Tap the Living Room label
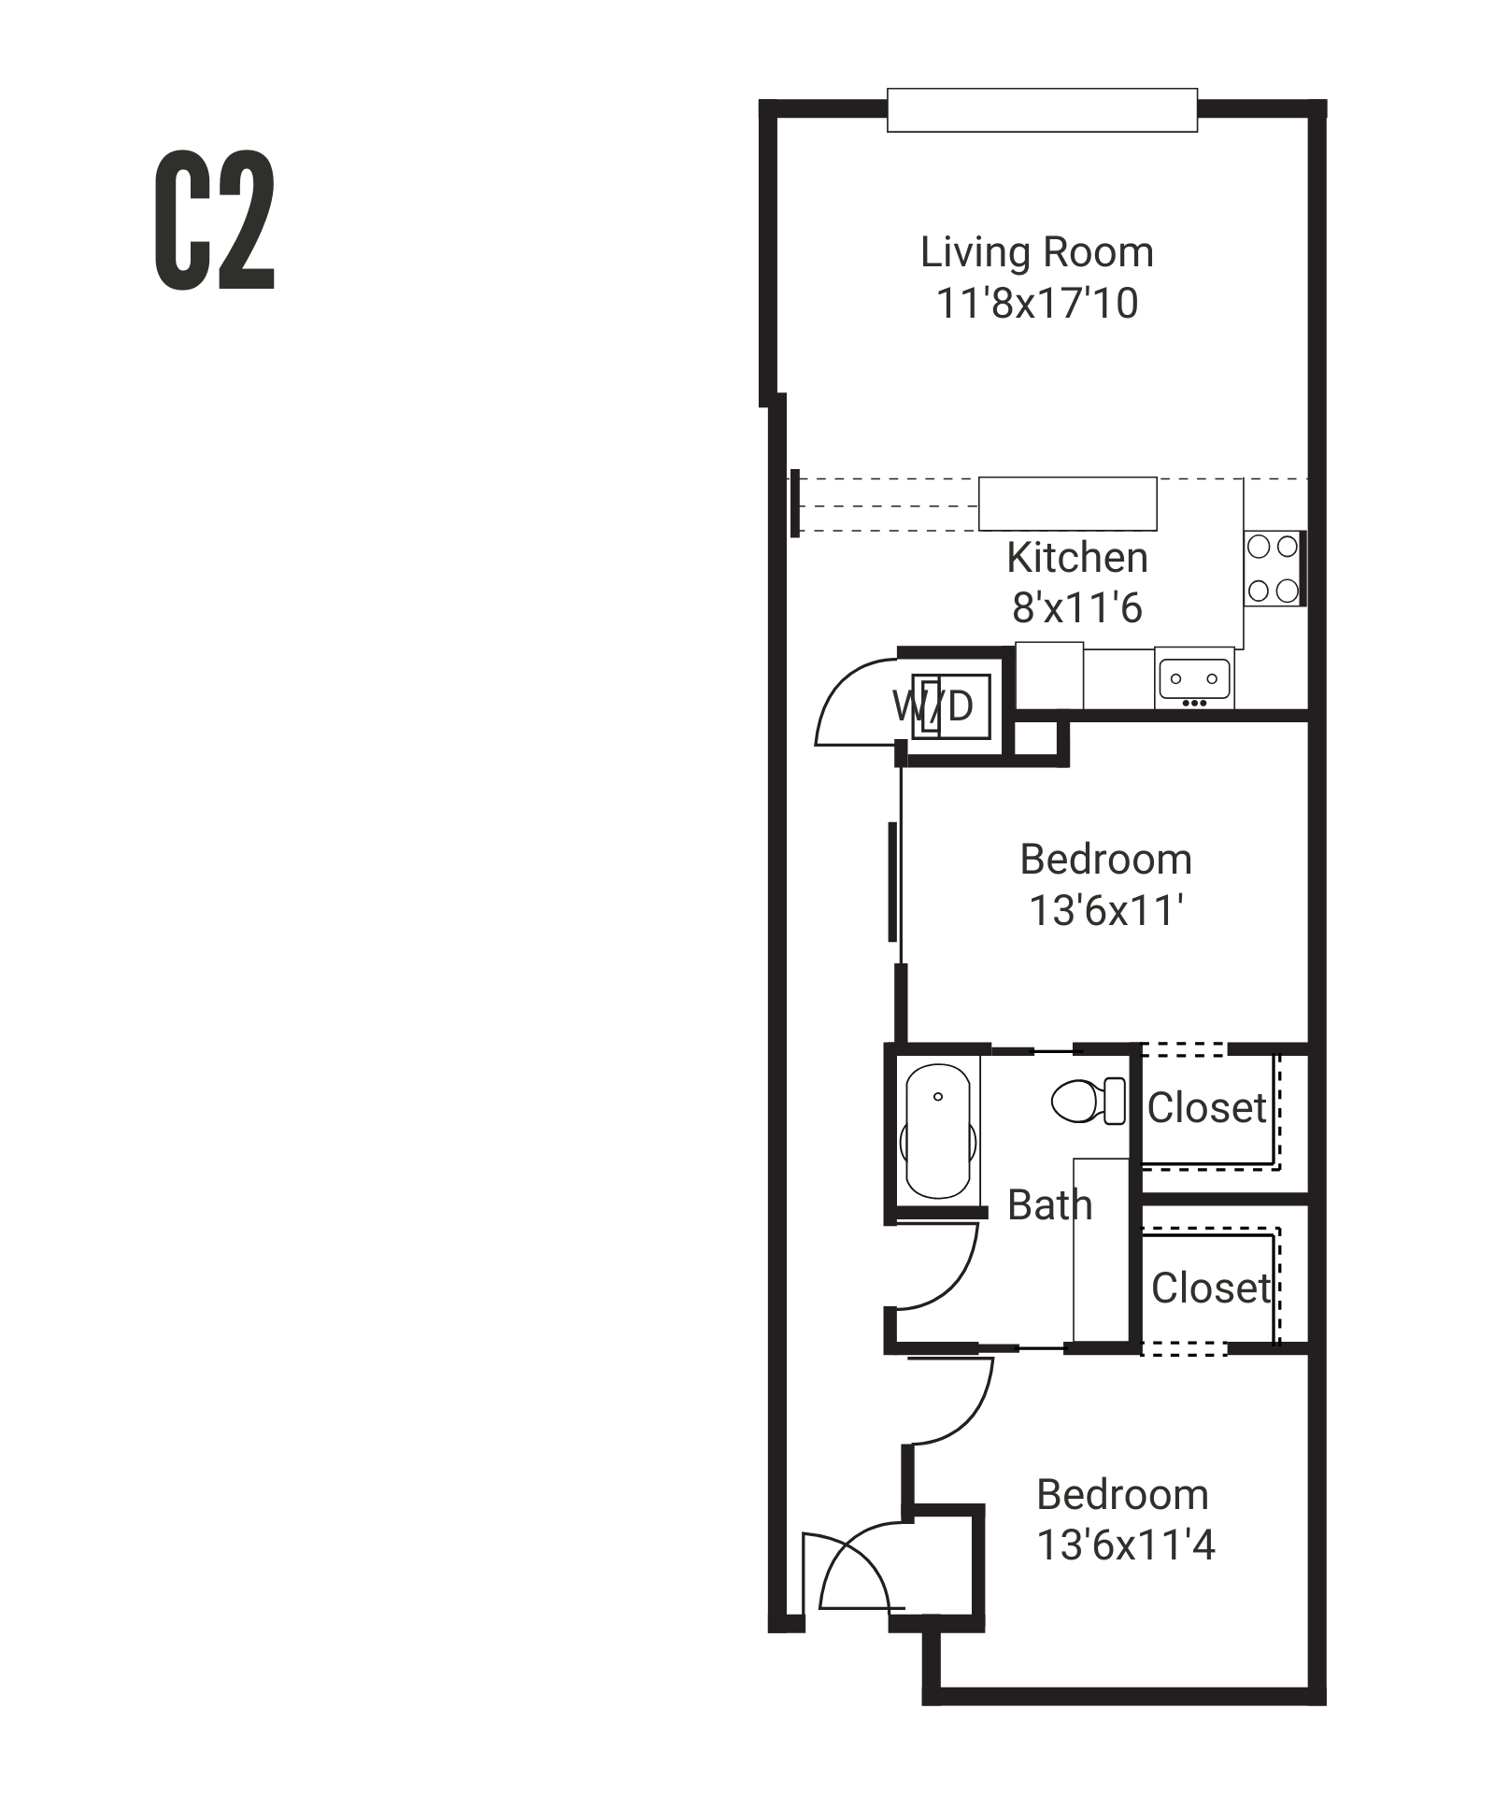(1036, 252)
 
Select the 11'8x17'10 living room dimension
(1036, 304)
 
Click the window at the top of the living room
(1041, 110)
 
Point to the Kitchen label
(1076, 558)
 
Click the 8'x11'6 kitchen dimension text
(1076, 608)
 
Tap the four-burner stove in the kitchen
(1273, 568)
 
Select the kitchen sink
(1194, 679)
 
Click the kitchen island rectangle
(1067, 504)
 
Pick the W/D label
(933, 706)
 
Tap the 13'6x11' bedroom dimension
(1106, 911)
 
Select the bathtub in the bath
(937, 1131)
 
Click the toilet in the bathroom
(1087, 1101)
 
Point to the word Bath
(1049, 1205)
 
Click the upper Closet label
(1206, 1108)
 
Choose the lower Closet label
(1210, 1289)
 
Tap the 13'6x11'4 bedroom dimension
(1125, 1545)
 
